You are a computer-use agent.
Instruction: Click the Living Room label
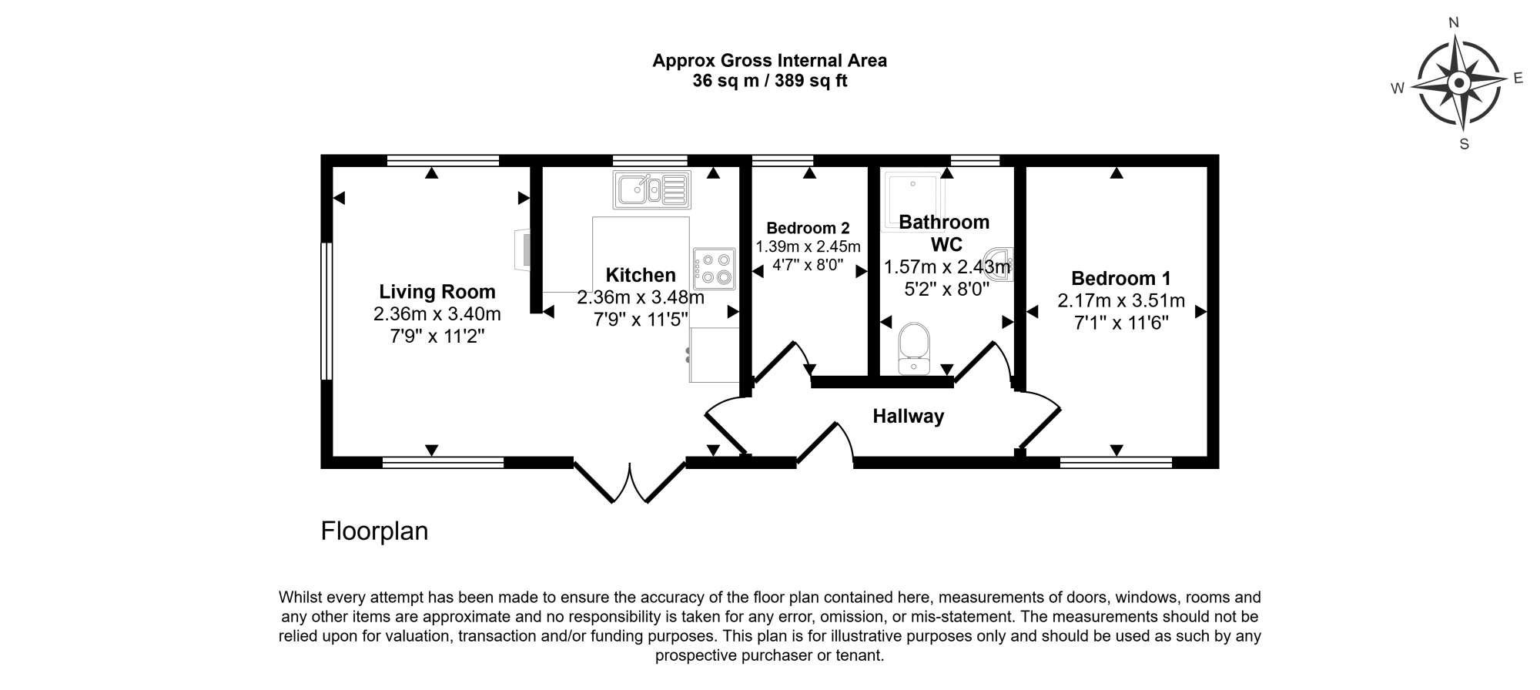point(437,292)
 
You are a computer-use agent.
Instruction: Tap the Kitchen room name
point(641,275)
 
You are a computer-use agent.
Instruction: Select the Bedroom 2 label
point(808,228)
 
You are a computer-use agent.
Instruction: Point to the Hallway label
point(908,417)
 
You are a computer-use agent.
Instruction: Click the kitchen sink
point(652,189)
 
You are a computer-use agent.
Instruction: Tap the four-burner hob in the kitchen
point(714,268)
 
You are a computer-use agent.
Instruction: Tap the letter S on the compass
point(1464,144)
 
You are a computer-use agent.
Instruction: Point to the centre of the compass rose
point(1458,83)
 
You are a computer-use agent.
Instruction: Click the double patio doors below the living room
point(630,481)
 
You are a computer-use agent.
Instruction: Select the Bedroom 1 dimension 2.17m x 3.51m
point(1120,301)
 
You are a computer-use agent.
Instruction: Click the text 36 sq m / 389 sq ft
point(769,81)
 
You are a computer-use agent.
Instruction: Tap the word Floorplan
point(374,531)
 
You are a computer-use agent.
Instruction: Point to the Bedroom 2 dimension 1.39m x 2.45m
point(808,247)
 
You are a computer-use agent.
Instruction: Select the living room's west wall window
point(326,311)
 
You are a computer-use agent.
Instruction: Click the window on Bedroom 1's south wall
point(1116,463)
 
